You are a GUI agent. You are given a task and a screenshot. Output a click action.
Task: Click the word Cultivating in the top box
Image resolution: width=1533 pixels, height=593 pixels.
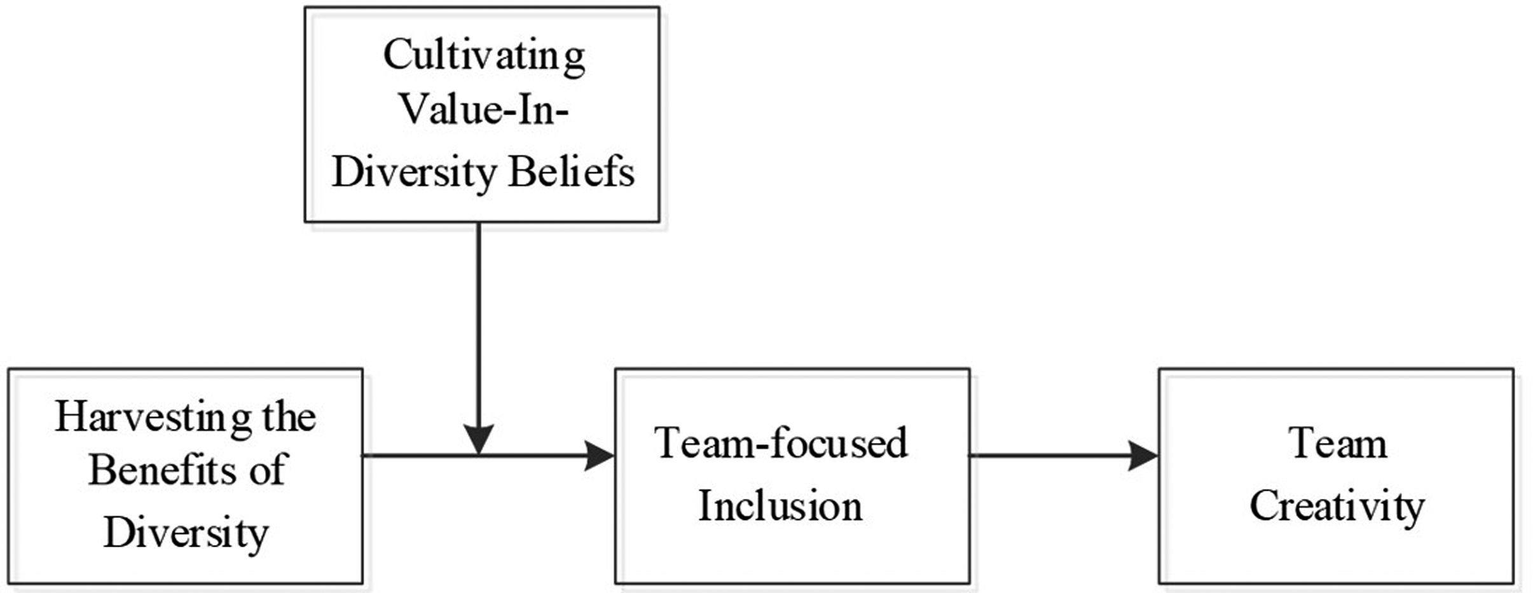point(484,57)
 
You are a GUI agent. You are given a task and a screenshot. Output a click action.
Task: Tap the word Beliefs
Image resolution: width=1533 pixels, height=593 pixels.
point(572,171)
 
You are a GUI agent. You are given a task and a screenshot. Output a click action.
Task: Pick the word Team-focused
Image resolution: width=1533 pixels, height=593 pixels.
point(781,442)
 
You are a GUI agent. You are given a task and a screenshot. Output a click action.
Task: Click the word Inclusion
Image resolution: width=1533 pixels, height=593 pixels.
point(780,506)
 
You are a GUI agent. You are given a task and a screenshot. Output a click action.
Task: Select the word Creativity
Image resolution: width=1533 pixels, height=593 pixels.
point(1337,507)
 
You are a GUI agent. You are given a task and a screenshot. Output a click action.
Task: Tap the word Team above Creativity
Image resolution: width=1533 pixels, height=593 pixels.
point(1338,443)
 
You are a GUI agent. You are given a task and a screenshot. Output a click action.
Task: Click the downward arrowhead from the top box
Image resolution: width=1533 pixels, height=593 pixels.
point(478,439)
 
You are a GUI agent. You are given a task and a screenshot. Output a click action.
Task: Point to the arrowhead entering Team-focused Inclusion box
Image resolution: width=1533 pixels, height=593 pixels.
point(599,456)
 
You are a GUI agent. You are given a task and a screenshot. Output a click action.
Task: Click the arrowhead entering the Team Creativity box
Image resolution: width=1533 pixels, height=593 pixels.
point(1143,456)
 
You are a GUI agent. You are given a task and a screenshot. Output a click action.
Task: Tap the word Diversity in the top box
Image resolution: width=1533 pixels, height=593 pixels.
point(414,172)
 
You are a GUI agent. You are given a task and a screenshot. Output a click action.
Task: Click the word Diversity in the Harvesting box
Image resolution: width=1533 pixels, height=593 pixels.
point(186,533)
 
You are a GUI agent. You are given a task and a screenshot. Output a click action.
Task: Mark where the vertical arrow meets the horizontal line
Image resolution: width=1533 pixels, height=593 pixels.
point(478,456)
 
